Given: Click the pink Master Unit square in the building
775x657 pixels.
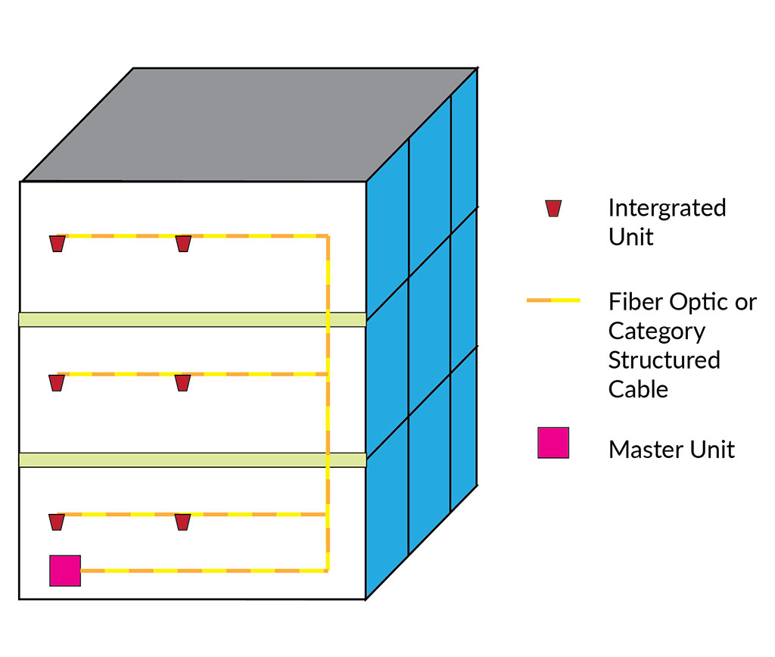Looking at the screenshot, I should [x=65, y=570].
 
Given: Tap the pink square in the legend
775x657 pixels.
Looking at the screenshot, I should [x=553, y=443].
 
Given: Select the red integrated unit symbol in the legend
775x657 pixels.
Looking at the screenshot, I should [x=553, y=208].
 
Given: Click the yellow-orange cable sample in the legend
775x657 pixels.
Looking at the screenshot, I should [x=553, y=300].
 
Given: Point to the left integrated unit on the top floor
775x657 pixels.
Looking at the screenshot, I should [x=57, y=244].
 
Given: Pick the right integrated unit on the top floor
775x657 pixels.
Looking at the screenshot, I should [x=183, y=244].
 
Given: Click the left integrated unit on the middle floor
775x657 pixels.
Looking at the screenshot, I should [x=56, y=383].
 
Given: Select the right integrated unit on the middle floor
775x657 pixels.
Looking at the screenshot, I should [x=182, y=383].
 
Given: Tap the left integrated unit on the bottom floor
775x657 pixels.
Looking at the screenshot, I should [x=56, y=522].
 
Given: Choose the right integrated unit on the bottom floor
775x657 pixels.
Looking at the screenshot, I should [x=182, y=522].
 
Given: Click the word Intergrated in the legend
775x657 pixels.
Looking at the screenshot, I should [x=667, y=208].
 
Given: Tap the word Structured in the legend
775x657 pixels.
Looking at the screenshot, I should [x=664, y=360].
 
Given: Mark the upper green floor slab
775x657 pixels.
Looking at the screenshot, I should [x=192, y=319].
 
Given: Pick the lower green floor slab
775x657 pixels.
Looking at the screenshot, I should [x=192, y=459].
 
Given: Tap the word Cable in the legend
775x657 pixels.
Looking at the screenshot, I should [x=638, y=389].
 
